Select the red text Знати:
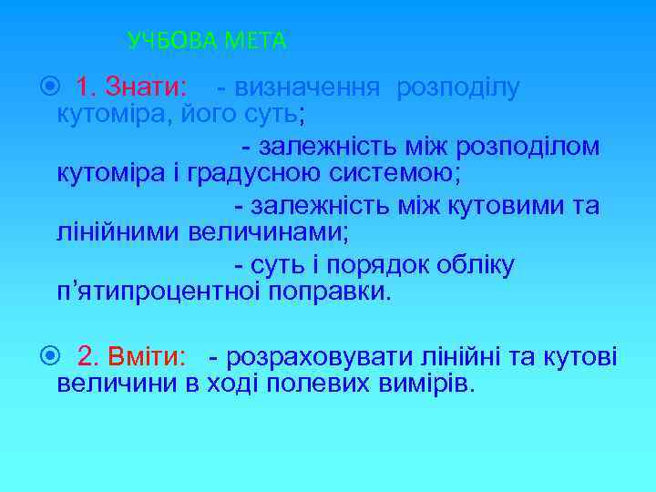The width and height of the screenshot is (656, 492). point(147,88)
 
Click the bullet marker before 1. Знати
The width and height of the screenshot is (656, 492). point(50,88)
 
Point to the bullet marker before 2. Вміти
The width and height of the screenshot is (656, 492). point(50,356)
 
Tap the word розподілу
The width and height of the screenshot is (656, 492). point(457,88)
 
